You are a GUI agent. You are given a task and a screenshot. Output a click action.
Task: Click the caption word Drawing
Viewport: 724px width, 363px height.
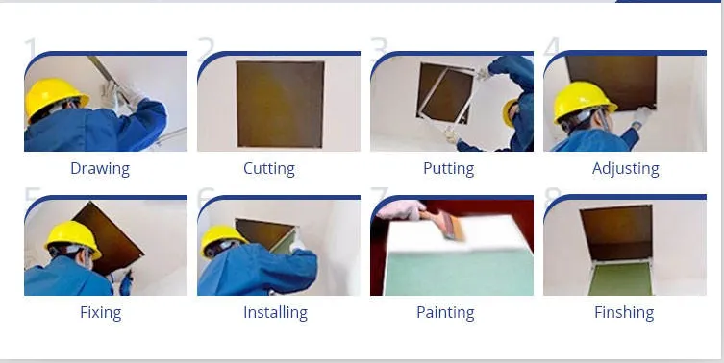coord(100,168)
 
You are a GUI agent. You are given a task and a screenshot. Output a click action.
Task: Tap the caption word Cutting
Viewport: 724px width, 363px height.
coord(269,168)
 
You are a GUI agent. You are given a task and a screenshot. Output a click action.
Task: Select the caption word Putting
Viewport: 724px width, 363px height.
coord(448,168)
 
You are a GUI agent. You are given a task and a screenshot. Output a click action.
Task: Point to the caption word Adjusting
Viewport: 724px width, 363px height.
coord(626,168)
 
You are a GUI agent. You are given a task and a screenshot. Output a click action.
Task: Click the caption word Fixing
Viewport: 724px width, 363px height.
coord(100,312)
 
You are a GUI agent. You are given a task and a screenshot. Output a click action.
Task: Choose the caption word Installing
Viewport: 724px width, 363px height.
coord(275,312)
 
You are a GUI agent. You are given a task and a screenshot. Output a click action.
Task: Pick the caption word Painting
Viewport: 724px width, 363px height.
coord(445,312)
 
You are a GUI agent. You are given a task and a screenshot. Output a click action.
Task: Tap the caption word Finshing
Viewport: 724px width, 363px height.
coord(624,312)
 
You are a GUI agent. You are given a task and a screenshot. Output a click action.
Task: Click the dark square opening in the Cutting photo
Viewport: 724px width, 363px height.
coord(280,103)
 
